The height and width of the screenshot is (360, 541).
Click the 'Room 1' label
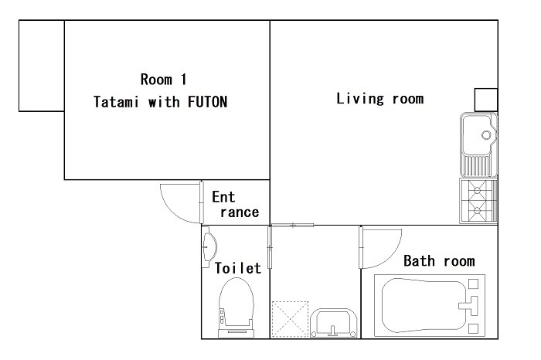(164, 80)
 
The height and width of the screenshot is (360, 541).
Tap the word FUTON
(207, 102)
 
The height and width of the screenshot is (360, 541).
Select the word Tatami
(116, 102)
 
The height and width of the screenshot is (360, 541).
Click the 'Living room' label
(380, 99)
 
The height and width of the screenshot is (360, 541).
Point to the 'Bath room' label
(439, 261)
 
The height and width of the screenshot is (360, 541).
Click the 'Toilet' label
(238, 268)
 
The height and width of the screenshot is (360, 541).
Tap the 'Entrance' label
(235, 205)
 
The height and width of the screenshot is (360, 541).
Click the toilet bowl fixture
(236, 307)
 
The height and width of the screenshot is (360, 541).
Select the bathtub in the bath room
(430, 305)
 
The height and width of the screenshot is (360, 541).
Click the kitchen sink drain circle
(486, 135)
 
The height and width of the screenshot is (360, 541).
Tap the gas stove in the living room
(478, 200)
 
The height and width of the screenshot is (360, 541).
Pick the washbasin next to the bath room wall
(333, 323)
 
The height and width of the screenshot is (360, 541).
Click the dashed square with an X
(290, 319)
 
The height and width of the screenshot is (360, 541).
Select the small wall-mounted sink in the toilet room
(209, 247)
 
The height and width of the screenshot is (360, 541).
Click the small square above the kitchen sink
(486, 100)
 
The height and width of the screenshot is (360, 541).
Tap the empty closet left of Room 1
(42, 66)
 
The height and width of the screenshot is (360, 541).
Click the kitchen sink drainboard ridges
(478, 165)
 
